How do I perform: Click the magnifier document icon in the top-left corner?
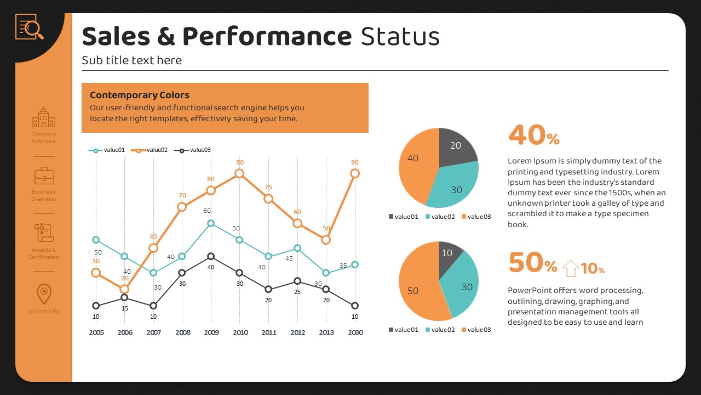click(30, 27)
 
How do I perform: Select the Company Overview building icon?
click(44, 117)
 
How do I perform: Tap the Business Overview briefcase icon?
click(44, 176)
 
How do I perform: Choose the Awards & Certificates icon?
click(44, 233)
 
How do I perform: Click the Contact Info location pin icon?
click(44, 294)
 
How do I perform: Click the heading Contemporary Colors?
click(140, 95)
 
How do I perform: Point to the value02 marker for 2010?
click(239, 173)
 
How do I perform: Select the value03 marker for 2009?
click(211, 256)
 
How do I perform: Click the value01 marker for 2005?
click(96, 240)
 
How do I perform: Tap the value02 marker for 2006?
click(124, 289)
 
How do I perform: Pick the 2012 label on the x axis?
click(297, 332)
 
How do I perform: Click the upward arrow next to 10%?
click(571, 268)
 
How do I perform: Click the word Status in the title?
click(400, 37)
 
